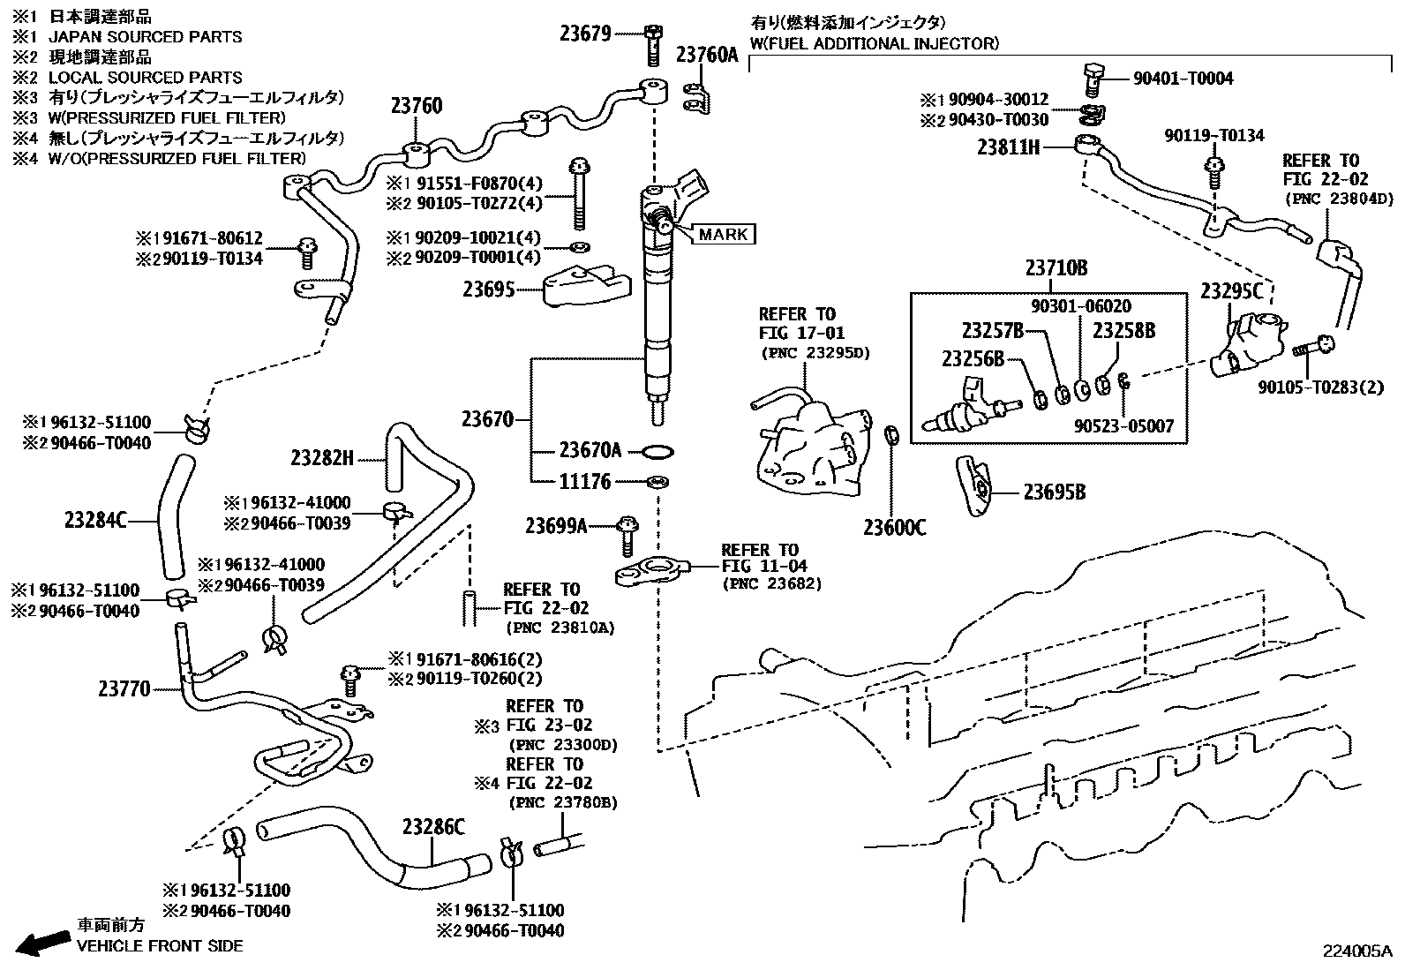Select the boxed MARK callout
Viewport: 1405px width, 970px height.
[x=724, y=234]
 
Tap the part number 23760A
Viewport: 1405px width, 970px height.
[x=706, y=55]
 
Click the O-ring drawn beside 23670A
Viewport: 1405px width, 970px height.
[x=655, y=452]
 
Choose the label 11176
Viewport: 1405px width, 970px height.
[x=584, y=482]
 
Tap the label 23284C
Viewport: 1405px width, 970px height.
[x=95, y=521]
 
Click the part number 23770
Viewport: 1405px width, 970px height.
[x=124, y=688]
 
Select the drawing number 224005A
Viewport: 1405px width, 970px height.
[x=1356, y=951]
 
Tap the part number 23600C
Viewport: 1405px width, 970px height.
[x=894, y=527]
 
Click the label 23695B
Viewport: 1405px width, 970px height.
[x=1054, y=492]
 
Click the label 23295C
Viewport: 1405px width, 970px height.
[x=1231, y=291]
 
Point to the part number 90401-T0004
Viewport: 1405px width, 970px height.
[x=1183, y=78]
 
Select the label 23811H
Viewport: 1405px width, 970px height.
[x=1008, y=147]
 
